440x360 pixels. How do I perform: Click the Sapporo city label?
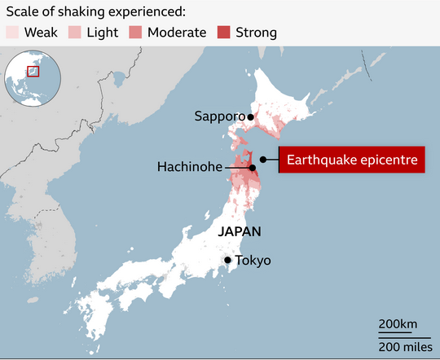click(219, 116)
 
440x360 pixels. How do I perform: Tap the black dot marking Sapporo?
click(251, 116)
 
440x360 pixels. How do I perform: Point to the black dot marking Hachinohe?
click(252, 168)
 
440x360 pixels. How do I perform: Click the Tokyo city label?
click(253, 261)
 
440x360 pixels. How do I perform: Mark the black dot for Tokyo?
click(228, 261)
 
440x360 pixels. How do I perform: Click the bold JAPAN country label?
click(240, 231)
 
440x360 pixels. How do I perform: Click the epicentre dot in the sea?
click(262, 160)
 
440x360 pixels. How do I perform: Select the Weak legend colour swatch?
click(12, 33)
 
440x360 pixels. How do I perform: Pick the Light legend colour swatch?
click(74, 33)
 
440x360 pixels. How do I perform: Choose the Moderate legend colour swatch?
click(135, 33)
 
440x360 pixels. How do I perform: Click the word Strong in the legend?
click(256, 33)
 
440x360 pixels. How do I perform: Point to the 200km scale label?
click(398, 324)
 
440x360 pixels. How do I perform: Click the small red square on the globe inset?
click(33, 71)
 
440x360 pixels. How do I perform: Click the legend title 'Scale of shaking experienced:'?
click(95, 11)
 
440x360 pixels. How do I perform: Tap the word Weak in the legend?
click(41, 33)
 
